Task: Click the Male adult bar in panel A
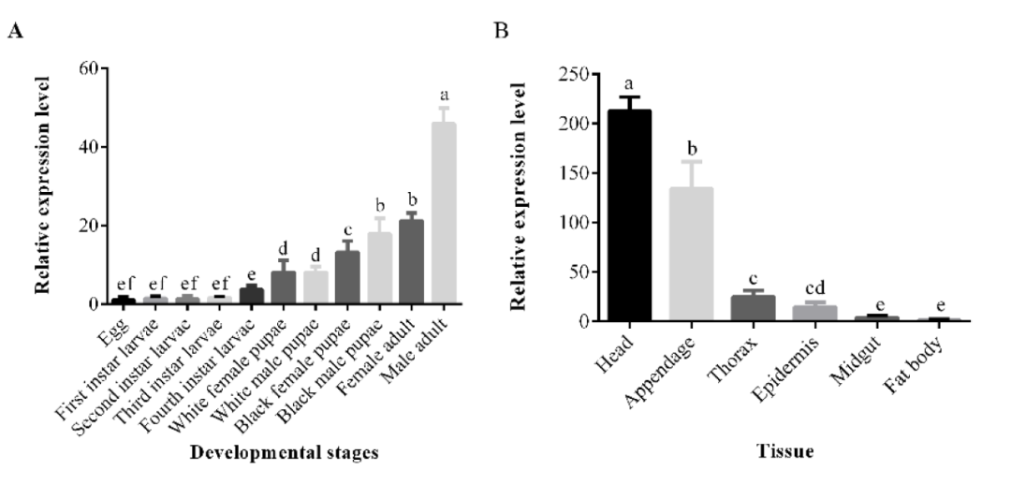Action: [x=444, y=213]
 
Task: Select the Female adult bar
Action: [x=411, y=262]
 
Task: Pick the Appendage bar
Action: [x=692, y=254]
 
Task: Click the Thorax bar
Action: [x=754, y=308]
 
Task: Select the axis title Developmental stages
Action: [x=284, y=453]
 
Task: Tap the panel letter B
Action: [x=501, y=30]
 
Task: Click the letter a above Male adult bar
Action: [x=444, y=96]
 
